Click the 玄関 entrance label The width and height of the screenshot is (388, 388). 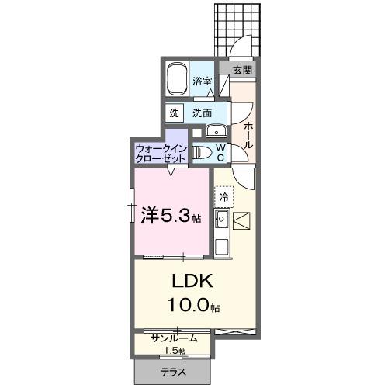[242, 70]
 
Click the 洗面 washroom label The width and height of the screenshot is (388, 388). [203, 113]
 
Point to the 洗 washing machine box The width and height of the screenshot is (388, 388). [174, 113]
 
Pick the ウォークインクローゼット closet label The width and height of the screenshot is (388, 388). [161, 152]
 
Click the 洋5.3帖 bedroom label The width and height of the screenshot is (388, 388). [170, 215]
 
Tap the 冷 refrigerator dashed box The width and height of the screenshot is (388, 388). [224, 199]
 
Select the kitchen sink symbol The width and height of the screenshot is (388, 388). [221, 222]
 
